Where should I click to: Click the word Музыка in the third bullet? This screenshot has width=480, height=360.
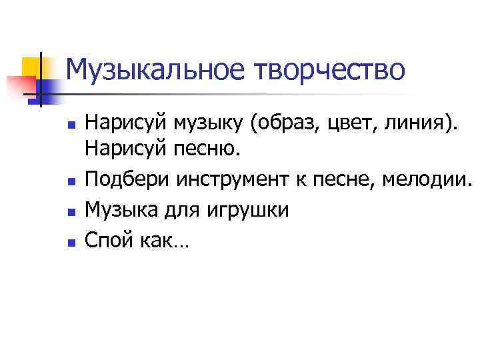119,211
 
